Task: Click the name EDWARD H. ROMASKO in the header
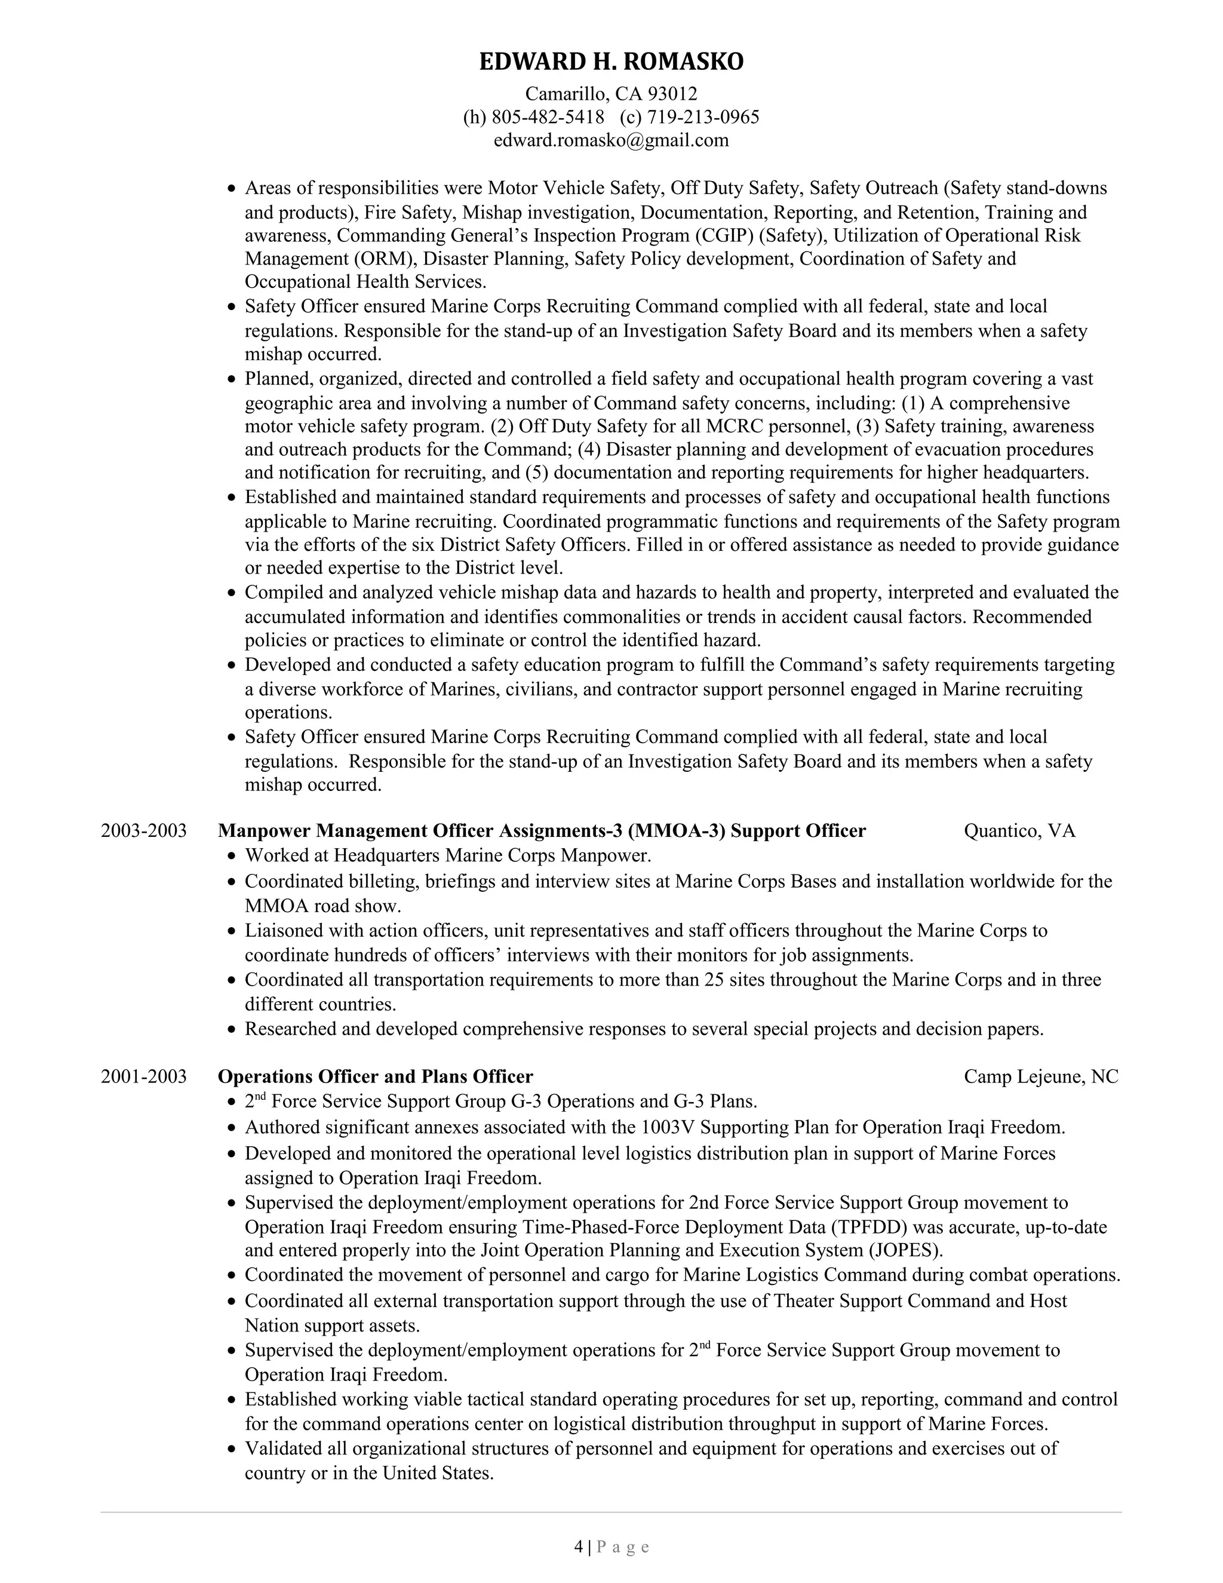[x=611, y=62]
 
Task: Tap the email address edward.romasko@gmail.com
[x=611, y=140]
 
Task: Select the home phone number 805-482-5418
[x=548, y=116]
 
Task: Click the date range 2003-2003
[x=143, y=831]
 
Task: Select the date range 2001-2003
[x=143, y=1076]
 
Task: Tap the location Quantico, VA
[x=1019, y=831]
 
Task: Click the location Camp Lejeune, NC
[x=1040, y=1076]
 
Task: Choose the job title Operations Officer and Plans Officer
[x=375, y=1076]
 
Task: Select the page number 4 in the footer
[x=578, y=1548]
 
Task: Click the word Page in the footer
[x=623, y=1548]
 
